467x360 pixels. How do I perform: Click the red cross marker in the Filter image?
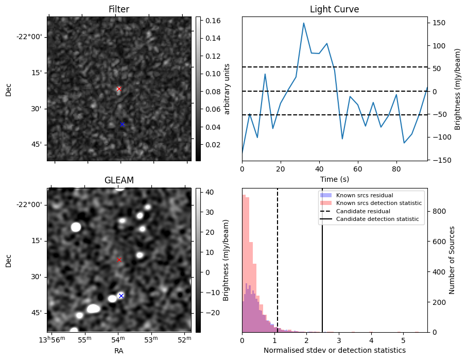tap(119, 89)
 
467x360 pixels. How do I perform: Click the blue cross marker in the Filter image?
tap(122, 124)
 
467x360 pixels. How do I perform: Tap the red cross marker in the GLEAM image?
tap(119, 260)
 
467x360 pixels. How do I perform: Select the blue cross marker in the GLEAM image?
tap(121, 295)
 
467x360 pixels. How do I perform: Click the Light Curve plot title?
tap(334, 9)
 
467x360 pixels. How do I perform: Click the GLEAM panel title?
tap(119, 180)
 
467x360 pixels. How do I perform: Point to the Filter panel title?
tap(119, 9)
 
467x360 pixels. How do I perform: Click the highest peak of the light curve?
tap(304, 23)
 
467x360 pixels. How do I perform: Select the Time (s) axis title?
tap(334, 178)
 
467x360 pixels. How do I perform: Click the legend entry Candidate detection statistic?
tap(377, 219)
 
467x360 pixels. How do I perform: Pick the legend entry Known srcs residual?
tap(365, 195)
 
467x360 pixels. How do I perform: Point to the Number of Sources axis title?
tap(452, 260)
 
